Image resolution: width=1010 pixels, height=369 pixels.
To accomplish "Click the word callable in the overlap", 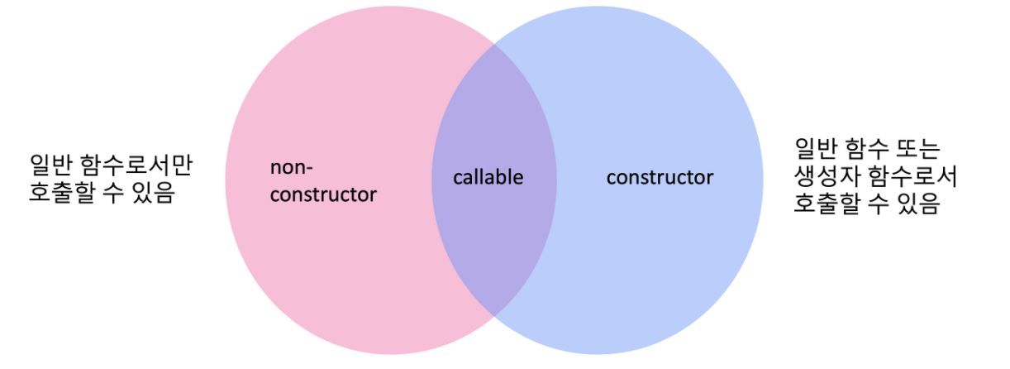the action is [488, 177].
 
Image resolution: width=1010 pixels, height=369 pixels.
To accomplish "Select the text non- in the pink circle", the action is [292, 167].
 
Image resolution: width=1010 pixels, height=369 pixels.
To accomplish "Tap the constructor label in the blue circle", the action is [660, 177].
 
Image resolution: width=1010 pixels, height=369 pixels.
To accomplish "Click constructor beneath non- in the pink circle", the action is [323, 195].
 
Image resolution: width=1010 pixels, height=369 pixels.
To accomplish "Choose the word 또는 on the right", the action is [917, 148].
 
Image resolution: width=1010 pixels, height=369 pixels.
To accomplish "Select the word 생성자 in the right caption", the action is [824, 176].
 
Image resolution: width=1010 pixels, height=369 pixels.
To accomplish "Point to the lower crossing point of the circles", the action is [494, 315].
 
